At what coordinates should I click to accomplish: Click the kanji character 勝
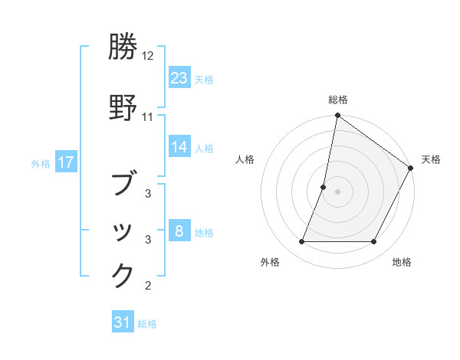(x=123, y=47)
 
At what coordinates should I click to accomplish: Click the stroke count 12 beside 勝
(x=148, y=56)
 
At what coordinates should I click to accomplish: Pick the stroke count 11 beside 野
(x=148, y=117)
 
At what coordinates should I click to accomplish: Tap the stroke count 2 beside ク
(x=148, y=286)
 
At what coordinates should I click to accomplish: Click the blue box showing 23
(x=179, y=78)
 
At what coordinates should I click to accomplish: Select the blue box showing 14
(x=179, y=147)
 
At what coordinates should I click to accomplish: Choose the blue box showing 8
(x=179, y=231)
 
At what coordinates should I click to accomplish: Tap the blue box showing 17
(x=65, y=162)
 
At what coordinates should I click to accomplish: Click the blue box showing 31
(x=122, y=322)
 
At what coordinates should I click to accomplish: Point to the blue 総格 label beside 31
(x=147, y=324)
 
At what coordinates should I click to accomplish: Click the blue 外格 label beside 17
(x=41, y=163)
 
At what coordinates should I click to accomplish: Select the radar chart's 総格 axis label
(x=338, y=100)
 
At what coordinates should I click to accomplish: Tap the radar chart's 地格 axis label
(x=402, y=262)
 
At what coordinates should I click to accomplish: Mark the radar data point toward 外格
(x=301, y=242)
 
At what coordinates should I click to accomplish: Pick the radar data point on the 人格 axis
(x=324, y=187)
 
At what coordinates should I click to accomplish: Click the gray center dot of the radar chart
(x=338, y=191)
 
